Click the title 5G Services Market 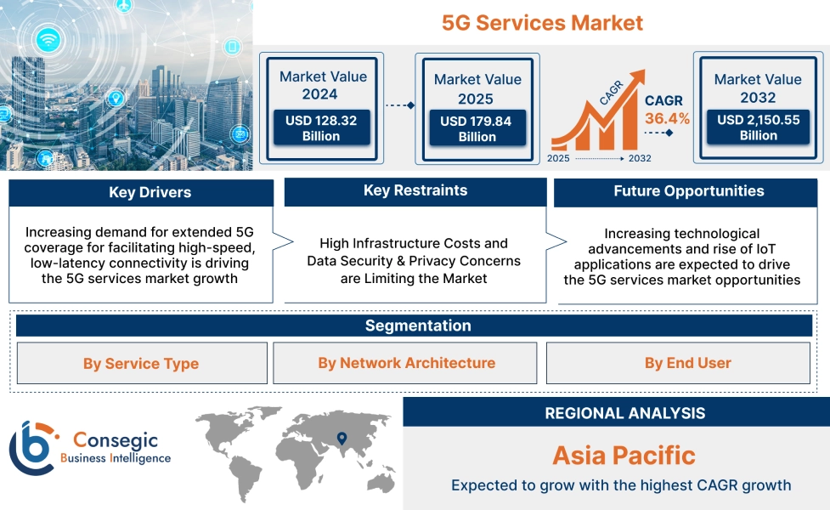542,23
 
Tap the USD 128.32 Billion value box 321,127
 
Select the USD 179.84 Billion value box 477,127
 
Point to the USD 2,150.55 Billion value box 758,127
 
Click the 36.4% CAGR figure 667,118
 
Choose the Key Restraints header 415,191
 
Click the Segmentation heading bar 414,326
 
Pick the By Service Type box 142,363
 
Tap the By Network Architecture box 405,363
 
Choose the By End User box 678,363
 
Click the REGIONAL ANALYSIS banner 616,412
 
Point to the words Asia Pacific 624,456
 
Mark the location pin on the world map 342,438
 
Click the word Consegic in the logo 116,440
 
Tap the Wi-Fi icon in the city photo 48,40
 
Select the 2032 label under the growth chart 640,158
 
